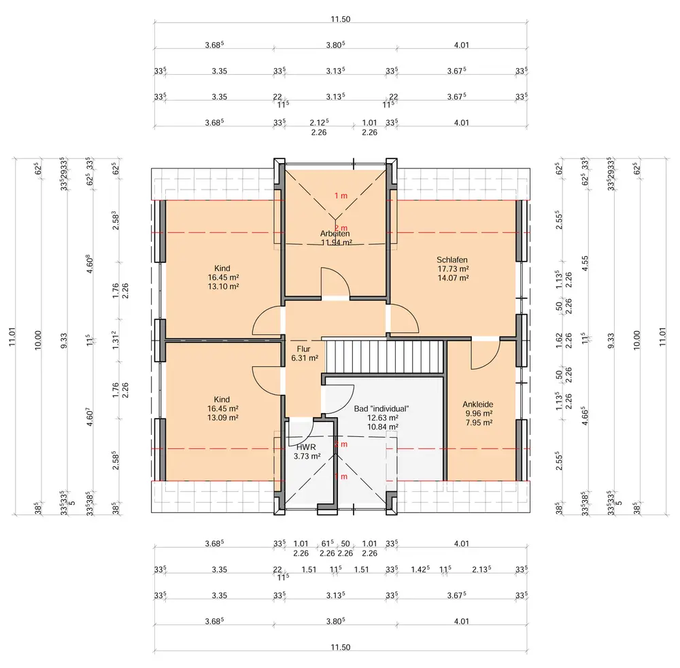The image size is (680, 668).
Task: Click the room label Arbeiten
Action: [335, 233]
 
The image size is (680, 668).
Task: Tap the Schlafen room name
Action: [452, 260]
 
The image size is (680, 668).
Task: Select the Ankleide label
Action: [477, 403]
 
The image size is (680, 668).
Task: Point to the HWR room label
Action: [302, 447]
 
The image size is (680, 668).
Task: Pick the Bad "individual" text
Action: [381, 408]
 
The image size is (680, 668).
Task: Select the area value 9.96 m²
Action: [477, 412]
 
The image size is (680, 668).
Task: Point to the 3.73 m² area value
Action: [302, 457]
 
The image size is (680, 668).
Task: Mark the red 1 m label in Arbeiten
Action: [341, 196]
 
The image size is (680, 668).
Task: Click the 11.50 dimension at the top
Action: [341, 19]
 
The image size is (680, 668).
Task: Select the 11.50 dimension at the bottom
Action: [341, 648]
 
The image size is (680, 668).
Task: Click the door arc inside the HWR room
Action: [301, 428]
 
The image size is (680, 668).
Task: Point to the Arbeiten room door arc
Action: [335, 280]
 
